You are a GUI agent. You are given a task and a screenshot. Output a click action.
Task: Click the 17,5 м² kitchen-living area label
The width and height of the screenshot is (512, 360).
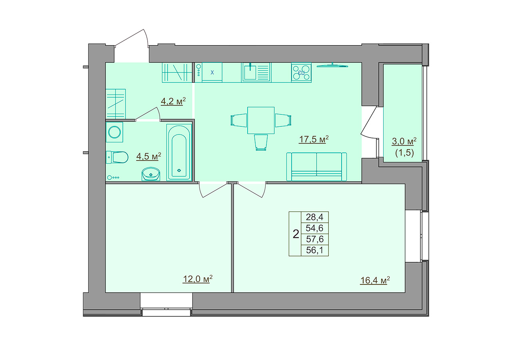[x=314, y=139]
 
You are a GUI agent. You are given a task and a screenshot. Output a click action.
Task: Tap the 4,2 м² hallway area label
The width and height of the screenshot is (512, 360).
[x=173, y=101]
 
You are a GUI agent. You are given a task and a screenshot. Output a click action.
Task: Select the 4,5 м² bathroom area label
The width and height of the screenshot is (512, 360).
[x=148, y=156]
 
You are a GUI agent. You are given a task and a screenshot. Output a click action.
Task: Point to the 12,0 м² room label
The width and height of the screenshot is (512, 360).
[x=198, y=279]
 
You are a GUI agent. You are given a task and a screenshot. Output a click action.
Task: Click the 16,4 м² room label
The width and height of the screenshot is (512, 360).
[x=375, y=280]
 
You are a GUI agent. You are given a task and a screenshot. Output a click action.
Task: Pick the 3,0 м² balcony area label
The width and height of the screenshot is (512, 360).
[x=404, y=141]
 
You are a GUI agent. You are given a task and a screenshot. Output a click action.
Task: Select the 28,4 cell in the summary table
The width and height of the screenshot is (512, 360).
[x=315, y=217]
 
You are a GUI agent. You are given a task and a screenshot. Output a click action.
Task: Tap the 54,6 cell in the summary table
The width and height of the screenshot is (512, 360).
[x=315, y=228]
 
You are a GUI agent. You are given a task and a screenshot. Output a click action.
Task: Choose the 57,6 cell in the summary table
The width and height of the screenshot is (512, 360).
[x=315, y=239]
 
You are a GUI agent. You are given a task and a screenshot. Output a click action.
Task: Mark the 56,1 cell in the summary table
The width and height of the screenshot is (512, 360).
[x=315, y=250]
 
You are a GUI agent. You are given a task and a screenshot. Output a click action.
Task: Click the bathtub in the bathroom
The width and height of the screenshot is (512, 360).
[x=179, y=152]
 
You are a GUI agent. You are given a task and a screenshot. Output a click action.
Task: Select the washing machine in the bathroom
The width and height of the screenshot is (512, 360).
[x=114, y=132]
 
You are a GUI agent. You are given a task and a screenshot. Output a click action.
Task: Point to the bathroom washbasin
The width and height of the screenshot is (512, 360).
[x=151, y=174]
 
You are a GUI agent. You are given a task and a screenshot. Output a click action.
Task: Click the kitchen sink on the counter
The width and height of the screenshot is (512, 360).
[x=256, y=72]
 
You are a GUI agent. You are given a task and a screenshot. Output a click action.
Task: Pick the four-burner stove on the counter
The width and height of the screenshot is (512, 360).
[x=301, y=72]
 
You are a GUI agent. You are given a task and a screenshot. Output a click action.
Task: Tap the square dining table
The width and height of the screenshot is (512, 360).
[x=261, y=120]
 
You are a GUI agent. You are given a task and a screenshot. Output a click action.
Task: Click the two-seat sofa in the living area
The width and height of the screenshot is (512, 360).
[x=316, y=167]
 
